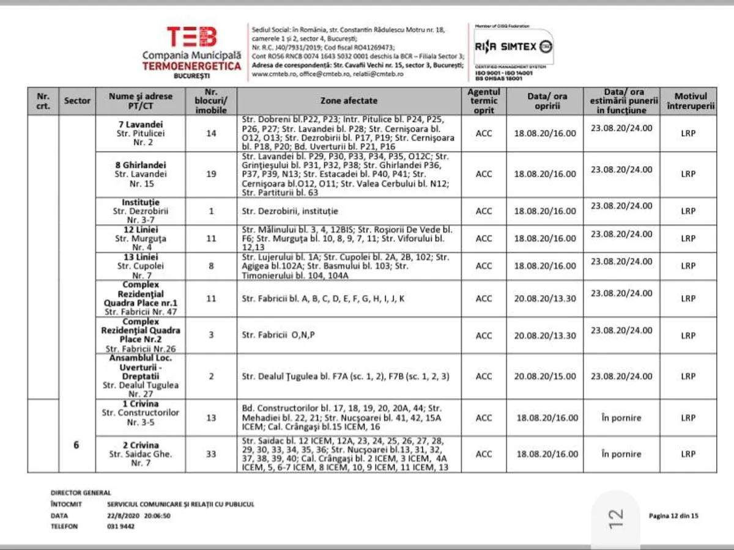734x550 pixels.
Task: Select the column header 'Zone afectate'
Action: click(349, 101)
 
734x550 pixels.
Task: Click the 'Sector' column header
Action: click(77, 101)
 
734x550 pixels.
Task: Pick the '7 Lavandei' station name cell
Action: click(141, 133)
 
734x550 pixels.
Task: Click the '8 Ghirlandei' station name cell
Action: click(141, 174)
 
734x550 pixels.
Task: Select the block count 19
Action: click(211, 174)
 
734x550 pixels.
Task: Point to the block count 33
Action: click(211, 454)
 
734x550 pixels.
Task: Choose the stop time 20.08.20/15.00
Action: click(545, 376)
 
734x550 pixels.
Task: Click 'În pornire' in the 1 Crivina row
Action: click(621, 418)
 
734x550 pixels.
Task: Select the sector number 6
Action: click(76, 445)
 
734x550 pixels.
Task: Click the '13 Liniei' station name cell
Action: click(141, 266)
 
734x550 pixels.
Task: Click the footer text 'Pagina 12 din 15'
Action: click(673, 516)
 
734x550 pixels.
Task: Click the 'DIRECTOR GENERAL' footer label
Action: click(81, 493)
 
